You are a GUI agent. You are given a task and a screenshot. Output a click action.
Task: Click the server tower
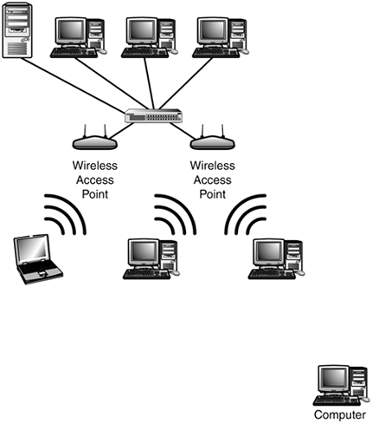click(17, 30)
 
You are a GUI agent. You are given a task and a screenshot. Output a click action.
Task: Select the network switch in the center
click(154, 115)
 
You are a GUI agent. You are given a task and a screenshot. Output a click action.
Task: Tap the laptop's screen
click(32, 250)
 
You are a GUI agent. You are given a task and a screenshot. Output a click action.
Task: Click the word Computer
click(340, 414)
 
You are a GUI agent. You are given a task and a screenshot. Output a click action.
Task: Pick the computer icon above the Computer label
click(341, 385)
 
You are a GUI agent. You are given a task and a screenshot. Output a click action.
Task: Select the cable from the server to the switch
click(73, 85)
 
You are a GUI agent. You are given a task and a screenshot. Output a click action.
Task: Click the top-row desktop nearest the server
click(78, 37)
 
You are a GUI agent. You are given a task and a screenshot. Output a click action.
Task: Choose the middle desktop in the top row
click(150, 37)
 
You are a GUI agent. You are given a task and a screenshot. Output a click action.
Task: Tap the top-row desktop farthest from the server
click(221, 37)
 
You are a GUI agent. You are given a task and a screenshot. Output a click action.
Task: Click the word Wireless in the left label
click(95, 166)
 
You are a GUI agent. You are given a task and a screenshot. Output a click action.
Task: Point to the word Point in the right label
click(213, 194)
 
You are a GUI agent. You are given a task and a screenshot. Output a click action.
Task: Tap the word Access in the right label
click(213, 179)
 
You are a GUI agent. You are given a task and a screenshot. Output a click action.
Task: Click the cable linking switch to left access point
click(120, 130)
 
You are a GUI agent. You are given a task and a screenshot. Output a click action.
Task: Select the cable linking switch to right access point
click(183, 130)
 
